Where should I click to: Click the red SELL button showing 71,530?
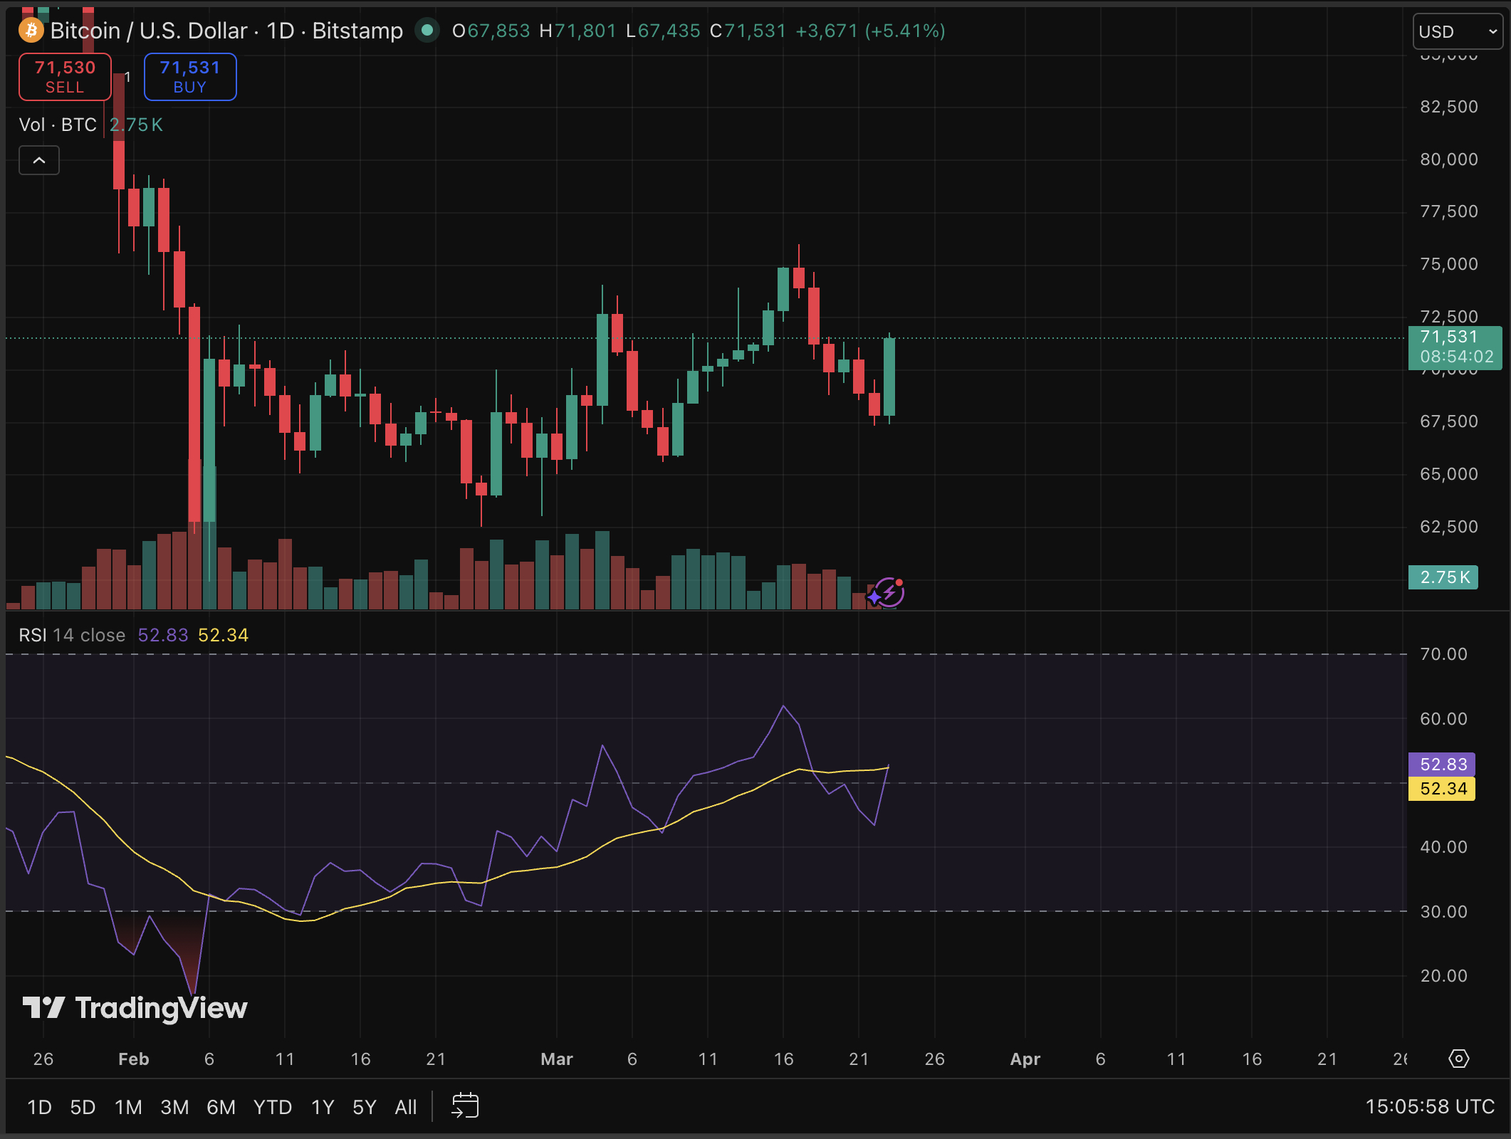click(x=65, y=77)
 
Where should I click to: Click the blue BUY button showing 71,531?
click(x=190, y=77)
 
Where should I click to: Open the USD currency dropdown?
click(x=1457, y=32)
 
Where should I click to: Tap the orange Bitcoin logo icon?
click(x=31, y=31)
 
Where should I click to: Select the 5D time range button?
click(x=83, y=1107)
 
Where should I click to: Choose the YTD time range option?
click(x=272, y=1107)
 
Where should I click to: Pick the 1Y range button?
click(x=323, y=1107)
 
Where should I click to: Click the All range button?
click(x=406, y=1107)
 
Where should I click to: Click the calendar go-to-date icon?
click(x=465, y=1106)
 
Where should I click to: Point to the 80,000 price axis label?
click(x=1448, y=159)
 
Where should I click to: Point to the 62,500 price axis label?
click(x=1448, y=527)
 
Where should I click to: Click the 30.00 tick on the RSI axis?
click(x=1443, y=912)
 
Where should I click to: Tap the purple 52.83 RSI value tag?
click(x=1442, y=765)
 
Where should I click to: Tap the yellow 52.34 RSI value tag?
click(x=1442, y=789)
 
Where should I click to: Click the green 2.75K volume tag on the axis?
click(x=1443, y=577)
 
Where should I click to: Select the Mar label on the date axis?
click(x=556, y=1059)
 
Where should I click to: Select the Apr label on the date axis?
click(x=1025, y=1059)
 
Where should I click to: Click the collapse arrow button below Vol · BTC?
click(x=39, y=160)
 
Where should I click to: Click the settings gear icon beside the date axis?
click(x=1458, y=1059)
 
